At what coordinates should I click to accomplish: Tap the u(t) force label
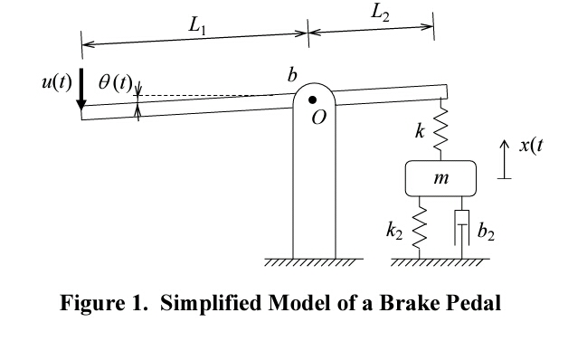pos(56,83)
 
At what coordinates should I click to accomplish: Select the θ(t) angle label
pos(115,84)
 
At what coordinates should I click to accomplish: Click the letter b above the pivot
pos(291,76)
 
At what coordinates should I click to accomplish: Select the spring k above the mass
pos(441,128)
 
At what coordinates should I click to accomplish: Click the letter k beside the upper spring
pos(420,131)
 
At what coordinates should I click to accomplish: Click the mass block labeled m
pos(440,178)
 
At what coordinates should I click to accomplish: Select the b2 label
pos(487,235)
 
